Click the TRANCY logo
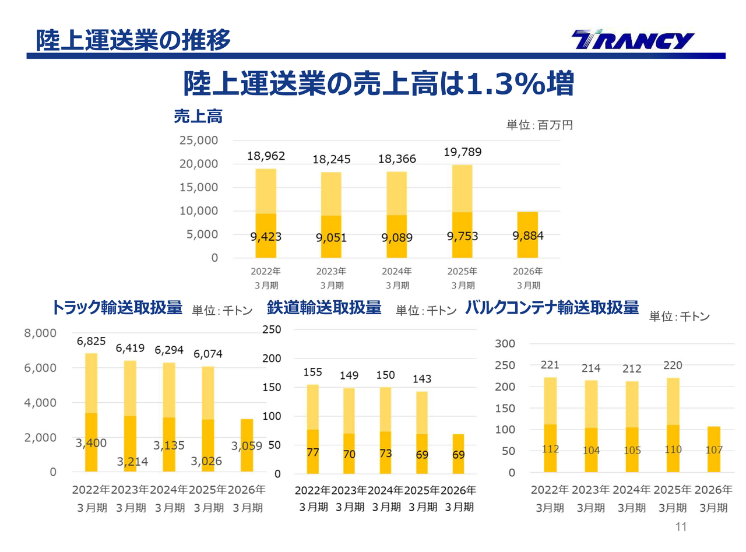click(x=632, y=41)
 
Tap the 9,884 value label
click(x=527, y=236)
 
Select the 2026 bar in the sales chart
click(x=527, y=234)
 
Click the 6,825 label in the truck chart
click(x=92, y=342)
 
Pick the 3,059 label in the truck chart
click(x=247, y=446)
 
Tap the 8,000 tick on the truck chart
click(x=40, y=333)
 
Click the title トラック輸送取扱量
click(x=117, y=308)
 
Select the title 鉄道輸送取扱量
click(x=324, y=308)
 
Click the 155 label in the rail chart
click(x=312, y=372)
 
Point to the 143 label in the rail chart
click(x=422, y=379)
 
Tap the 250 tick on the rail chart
click(x=272, y=329)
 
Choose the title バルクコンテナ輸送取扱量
click(x=552, y=308)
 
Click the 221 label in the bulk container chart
click(x=550, y=365)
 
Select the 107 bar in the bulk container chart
click(x=713, y=449)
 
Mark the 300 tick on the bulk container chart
click(x=505, y=344)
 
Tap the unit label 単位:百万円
click(x=539, y=125)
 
